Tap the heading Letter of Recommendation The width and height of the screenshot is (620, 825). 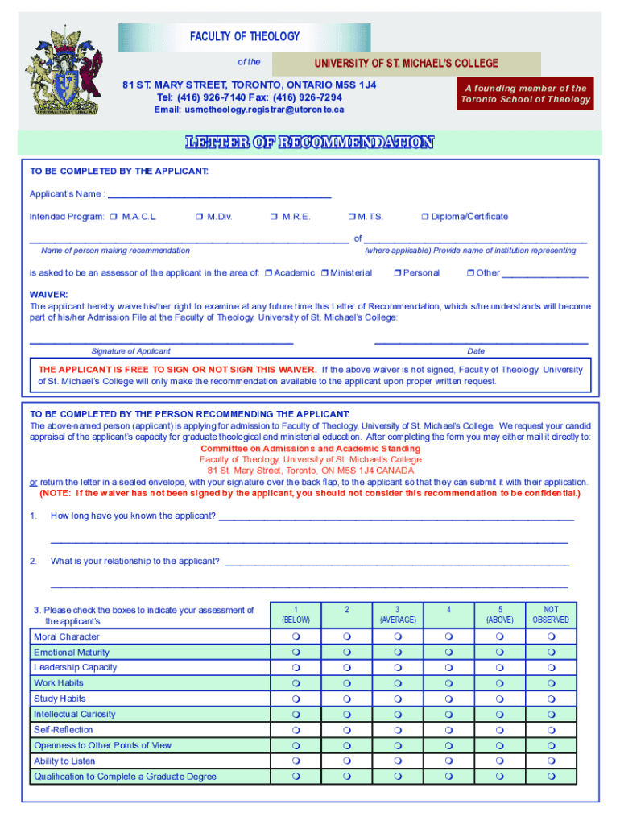coord(310,143)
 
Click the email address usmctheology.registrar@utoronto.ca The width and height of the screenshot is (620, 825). coord(249,109)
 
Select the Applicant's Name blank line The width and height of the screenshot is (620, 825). coord(219,194)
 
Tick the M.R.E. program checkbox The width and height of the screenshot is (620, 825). coord(275,217)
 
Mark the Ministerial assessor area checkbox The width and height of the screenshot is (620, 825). coord(324,273)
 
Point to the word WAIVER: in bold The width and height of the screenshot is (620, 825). coord(49,295)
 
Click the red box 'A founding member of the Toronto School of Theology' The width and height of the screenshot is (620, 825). coord(526,94)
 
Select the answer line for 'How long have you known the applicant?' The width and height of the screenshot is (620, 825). coord(396,516)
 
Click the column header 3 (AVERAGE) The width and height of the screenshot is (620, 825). coord(397,615)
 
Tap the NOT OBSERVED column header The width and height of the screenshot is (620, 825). coord(551,615)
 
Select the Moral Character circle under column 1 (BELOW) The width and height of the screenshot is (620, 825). coord(296,637)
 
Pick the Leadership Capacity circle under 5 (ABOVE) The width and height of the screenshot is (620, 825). coord(499,668)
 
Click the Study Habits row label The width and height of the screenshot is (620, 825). coord(60,699)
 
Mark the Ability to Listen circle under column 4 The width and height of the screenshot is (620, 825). coord(448,761)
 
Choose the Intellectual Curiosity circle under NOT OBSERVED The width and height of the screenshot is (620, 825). coord(551,715)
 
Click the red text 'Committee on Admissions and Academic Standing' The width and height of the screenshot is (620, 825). coord(310,449)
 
